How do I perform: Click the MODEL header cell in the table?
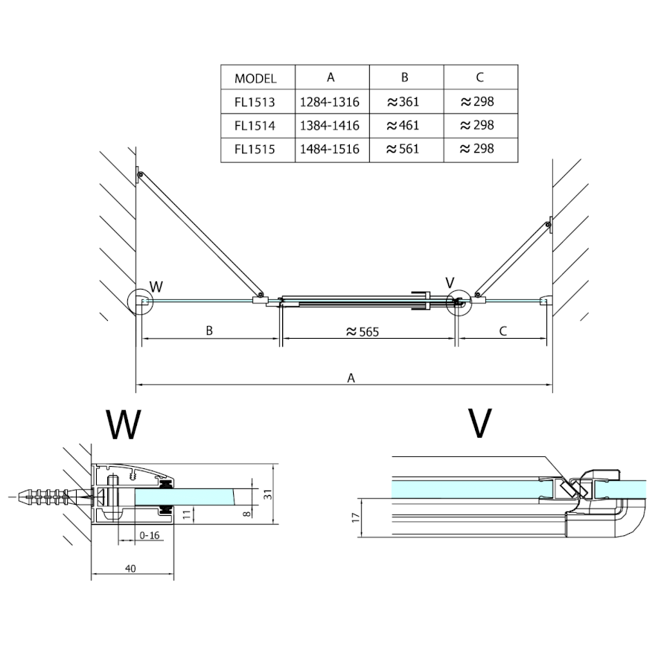click(255, 78)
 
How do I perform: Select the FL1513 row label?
click(255, 102)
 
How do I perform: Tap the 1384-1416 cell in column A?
click(329, 125)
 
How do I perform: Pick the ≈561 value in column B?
click(403, 149)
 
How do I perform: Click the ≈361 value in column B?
click(403, 102)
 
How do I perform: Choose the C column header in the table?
click(479, 77)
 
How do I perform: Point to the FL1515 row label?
click(255, 149)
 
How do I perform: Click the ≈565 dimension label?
click(363, 332)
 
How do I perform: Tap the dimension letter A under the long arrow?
click(351, 377)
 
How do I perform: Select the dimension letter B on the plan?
click(210, 331)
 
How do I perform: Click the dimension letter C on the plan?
click(502, 331)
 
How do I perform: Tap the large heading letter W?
click(123, 424)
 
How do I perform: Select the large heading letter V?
click(481, 423)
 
